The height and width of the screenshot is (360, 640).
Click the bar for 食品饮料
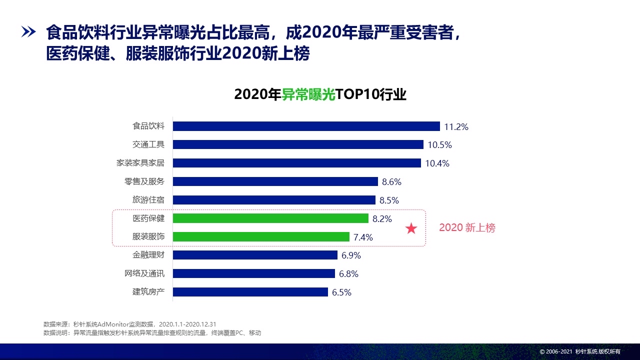[306, 126]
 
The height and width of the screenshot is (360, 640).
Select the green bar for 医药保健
[270, 218]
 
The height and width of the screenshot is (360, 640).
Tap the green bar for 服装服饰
[261, 237]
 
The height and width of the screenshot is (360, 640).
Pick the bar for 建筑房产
[250, 292]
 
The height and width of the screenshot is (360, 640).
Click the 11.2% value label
[456, 127]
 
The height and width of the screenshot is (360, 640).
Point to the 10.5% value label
[439, 145]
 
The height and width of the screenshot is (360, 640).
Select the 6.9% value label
[351, 255]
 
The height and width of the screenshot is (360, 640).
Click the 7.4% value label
[363, 237]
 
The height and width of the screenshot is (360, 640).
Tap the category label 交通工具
[148, 144]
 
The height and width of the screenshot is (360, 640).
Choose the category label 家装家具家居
[140, 163]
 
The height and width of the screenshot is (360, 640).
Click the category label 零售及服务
[144, 181]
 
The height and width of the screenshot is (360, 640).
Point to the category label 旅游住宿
[148, 200]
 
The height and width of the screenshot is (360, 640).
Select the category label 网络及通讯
[144, 273]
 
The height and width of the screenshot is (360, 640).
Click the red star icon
[411, 229]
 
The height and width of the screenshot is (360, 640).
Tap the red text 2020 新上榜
[467, 228]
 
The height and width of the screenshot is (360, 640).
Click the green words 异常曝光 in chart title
[308, 94]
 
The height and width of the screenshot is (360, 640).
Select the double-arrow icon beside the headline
[28, 33]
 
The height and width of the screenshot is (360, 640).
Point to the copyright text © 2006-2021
[555, 352]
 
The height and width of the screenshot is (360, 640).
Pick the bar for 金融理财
[255, 255]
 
